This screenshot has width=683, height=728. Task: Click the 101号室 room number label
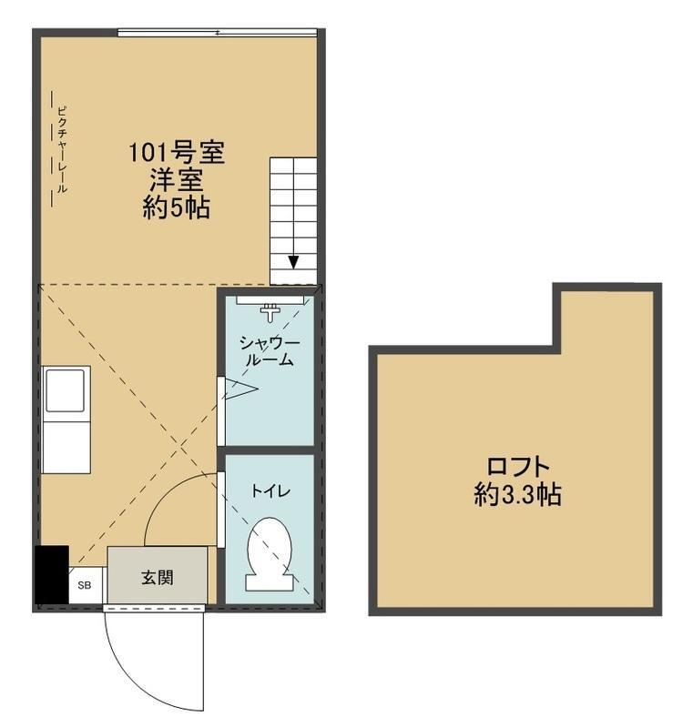pyautogui.click(x=177, y=153)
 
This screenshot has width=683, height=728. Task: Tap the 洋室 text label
pyautogui.click(x=176, y=180)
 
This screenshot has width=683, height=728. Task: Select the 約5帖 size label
pyautogui.click(x=177, y=207)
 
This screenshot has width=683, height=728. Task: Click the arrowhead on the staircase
pyautogui.click(x=293, y=262)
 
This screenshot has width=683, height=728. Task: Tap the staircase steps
pyautogui.click(x=293, y=221)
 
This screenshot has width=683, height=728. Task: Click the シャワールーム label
pyautogui.click(x=270, y=351)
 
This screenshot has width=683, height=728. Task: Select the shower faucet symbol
pyautogui.click(x=270, y=312)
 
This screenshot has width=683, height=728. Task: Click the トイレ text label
pyautogui.click(x=270, y=491)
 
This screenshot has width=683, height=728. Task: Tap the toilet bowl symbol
pyautogui.click(x=270, y=554)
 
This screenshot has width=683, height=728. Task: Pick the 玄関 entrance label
pyautogui.click(x=158, y=578)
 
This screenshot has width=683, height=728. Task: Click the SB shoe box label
pyautogui.click(x=85, y=585)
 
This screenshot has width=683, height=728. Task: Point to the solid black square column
pyautogui.click(x=52, y=575)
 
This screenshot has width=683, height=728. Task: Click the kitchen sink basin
pyautogui.click(x=66, y=390)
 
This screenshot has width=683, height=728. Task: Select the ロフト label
pyautogui.click(x=518, y=467)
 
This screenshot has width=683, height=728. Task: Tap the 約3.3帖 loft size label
pyautogui.click(x=517, y=494)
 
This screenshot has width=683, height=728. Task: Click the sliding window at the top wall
pyautogui.click(x=217, y=33)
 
